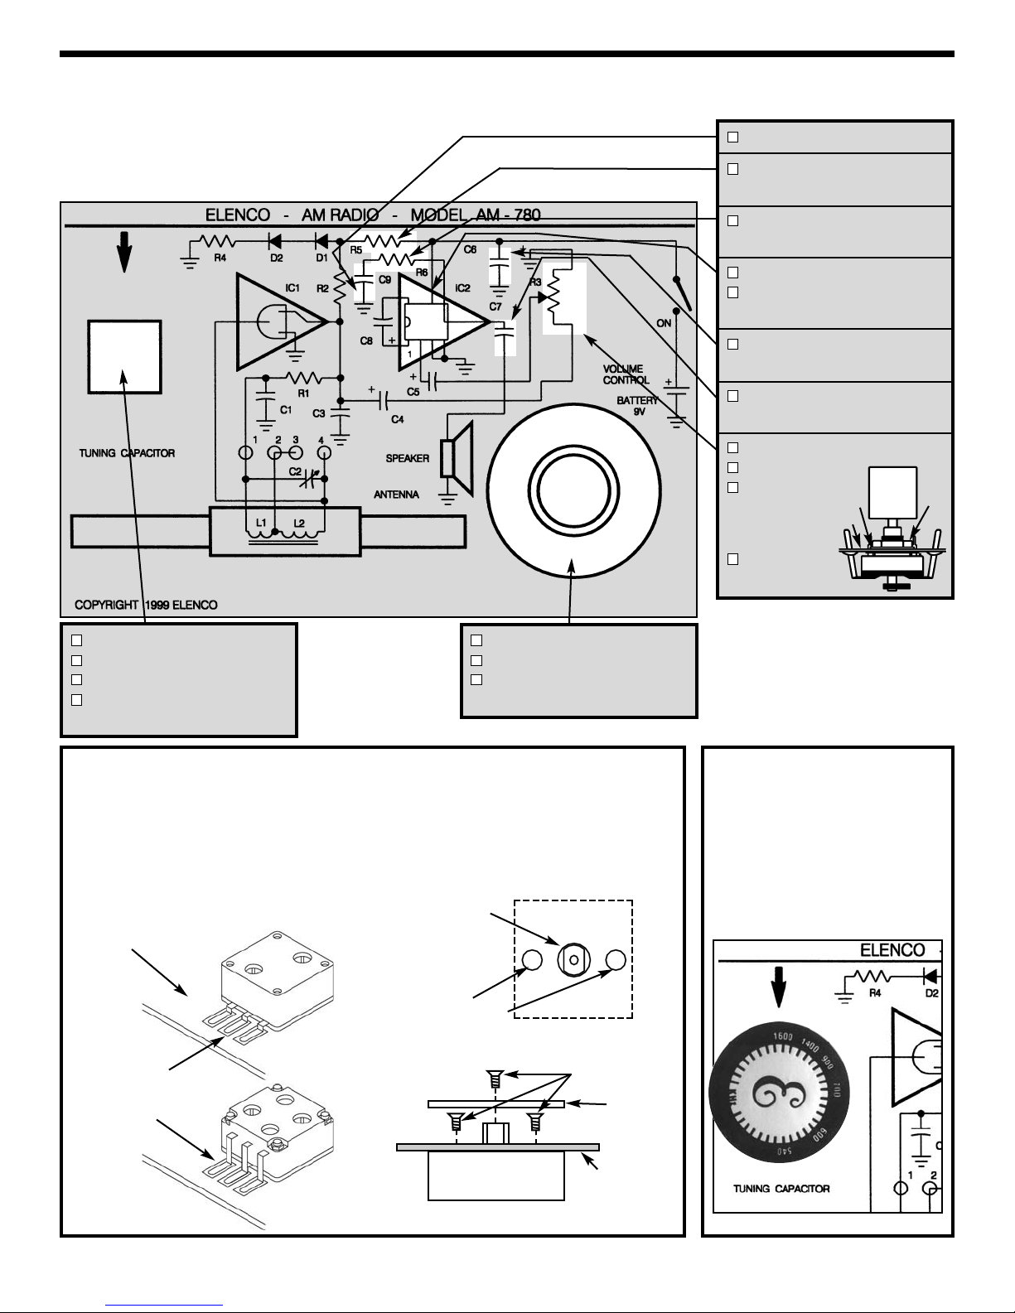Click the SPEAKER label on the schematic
click(x=408, y=458)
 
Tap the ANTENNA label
click(x=396, y=495)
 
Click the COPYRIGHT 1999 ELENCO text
click(x=147, y=605)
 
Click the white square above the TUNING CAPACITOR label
click(x=124, y=356)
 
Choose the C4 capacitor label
click(x=398, y=419)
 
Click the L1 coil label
click(x=260, y=524)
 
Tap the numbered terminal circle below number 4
click(x=325, y=452)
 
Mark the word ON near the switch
click(x=664, y=324)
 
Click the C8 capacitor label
click(x=365, y=340)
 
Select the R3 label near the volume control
click(x=535, y=282)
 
